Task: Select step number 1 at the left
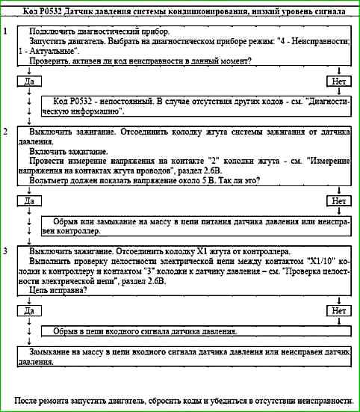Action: coord(6,33)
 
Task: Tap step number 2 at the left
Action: coord(6,132)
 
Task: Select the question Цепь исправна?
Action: coord(64,290)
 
